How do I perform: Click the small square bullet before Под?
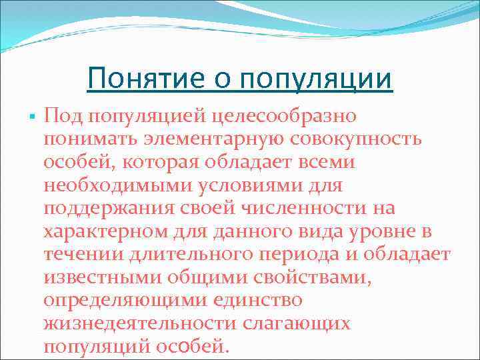coord(31,117)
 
